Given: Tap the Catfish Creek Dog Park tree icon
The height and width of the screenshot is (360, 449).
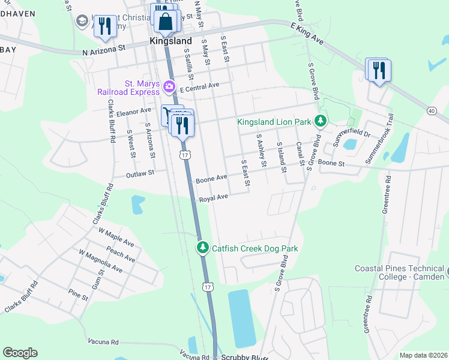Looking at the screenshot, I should click(x=203, y=248).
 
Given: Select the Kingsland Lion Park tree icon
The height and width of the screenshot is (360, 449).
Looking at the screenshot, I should click(x=321, y=122).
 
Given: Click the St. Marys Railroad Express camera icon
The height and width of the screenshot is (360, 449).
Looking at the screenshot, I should click(x=169, y=87).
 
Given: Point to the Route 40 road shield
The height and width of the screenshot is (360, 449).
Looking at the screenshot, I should click(x=432, y=110).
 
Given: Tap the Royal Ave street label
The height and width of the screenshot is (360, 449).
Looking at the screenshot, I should click(x=214, y=197).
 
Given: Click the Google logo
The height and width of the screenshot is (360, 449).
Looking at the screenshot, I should click(x=20, y=353).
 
